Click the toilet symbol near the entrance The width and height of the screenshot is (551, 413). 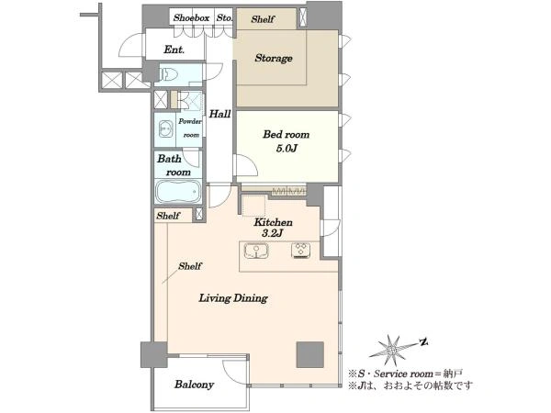(169, 74)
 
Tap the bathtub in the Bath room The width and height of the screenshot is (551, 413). (178, 192)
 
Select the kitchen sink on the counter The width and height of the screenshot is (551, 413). (256, 251)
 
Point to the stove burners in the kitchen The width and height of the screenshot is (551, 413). (301, 250)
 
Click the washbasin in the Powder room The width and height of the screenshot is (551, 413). (166, 129)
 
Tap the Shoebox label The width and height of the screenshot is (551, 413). (191, 17)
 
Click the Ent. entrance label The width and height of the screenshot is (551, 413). (174, 50)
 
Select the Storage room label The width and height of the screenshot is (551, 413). (274, 58)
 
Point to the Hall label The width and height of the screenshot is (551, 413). (220, 114)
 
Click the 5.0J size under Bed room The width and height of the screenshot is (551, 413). (287, 149)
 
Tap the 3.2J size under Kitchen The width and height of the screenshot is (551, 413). (273, 233)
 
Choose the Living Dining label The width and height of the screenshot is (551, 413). (233, 298)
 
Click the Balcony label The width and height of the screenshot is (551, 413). (194, 385)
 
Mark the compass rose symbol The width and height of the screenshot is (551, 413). (392, 351)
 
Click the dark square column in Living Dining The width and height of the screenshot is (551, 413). (310, 354)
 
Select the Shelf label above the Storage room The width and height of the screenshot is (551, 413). (263, 19)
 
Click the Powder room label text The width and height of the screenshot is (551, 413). (190, 128)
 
